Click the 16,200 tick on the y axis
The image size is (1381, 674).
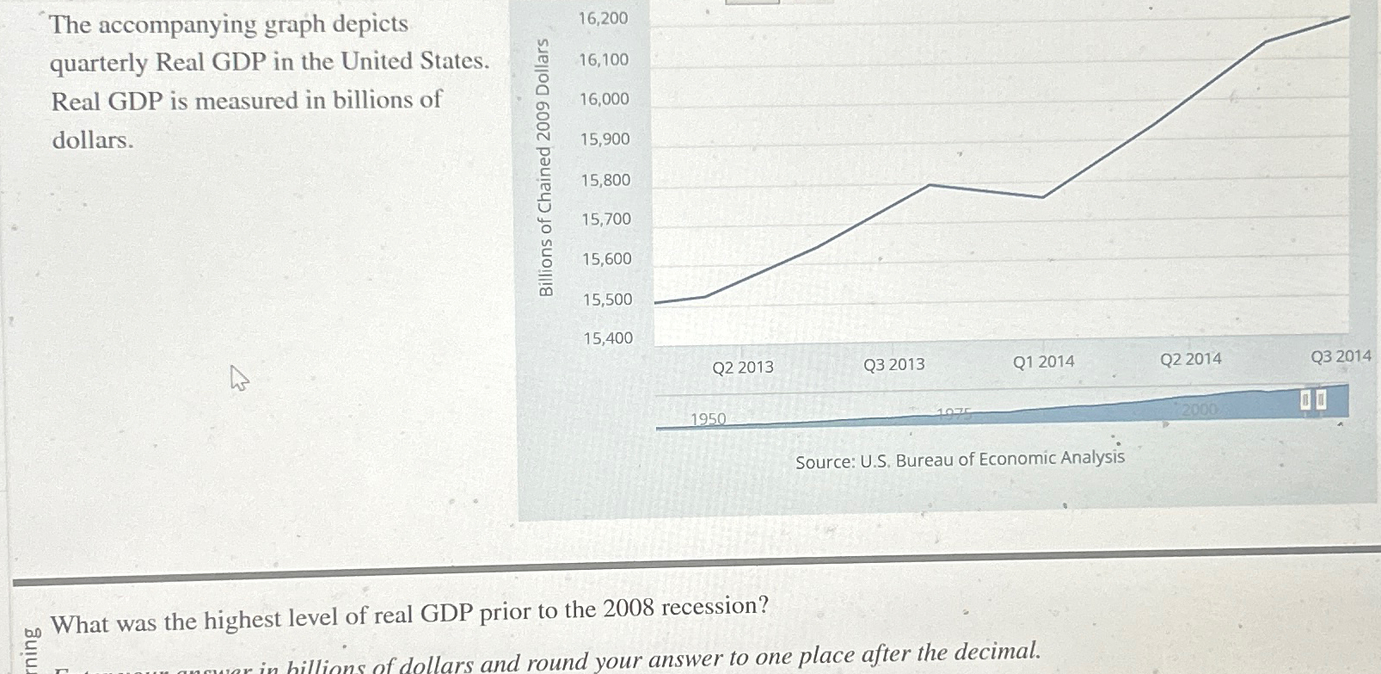tap(603, 18)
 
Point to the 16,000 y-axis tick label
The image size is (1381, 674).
tap(604, 99)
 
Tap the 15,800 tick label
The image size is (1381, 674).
tap(605, 180)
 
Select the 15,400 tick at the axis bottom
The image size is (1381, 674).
tap(608, 338)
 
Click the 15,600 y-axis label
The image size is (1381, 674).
tap(606, 259)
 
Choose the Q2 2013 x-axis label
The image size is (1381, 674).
tap(743, 368)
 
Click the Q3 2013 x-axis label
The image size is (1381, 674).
tap(894, 365)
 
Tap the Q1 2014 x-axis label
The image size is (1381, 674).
tap(1044, 362)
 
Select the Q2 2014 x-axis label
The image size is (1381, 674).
tap(1191, 359)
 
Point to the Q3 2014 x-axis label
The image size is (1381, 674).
tap(1341, 356)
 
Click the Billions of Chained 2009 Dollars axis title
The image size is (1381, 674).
tap(544, 167)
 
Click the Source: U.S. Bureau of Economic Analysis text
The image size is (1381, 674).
tap(960, 460)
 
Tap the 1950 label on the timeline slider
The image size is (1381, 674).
tap(709, 419)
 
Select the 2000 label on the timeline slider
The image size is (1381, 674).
tap(1200, 409)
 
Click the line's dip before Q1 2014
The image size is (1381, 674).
tap(1043, 198)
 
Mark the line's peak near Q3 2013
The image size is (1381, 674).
tap(930, 185)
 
